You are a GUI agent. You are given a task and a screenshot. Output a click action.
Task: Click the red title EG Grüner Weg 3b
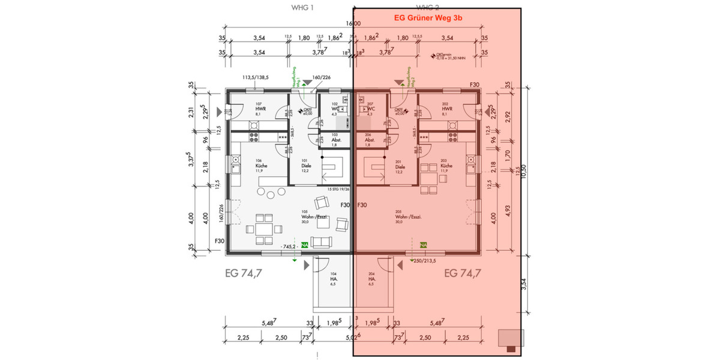427,19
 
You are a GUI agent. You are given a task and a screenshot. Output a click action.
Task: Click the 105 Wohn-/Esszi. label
305,217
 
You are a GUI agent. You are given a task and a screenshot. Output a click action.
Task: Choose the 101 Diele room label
305,166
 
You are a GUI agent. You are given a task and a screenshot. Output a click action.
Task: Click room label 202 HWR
446,108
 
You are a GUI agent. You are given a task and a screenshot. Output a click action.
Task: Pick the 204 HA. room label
371,279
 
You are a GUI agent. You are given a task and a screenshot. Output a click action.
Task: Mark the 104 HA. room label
333,279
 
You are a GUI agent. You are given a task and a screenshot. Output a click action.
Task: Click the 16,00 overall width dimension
353,24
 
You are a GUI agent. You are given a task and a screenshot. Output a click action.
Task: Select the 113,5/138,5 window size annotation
255,77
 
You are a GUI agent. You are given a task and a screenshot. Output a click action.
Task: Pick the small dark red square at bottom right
511,349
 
